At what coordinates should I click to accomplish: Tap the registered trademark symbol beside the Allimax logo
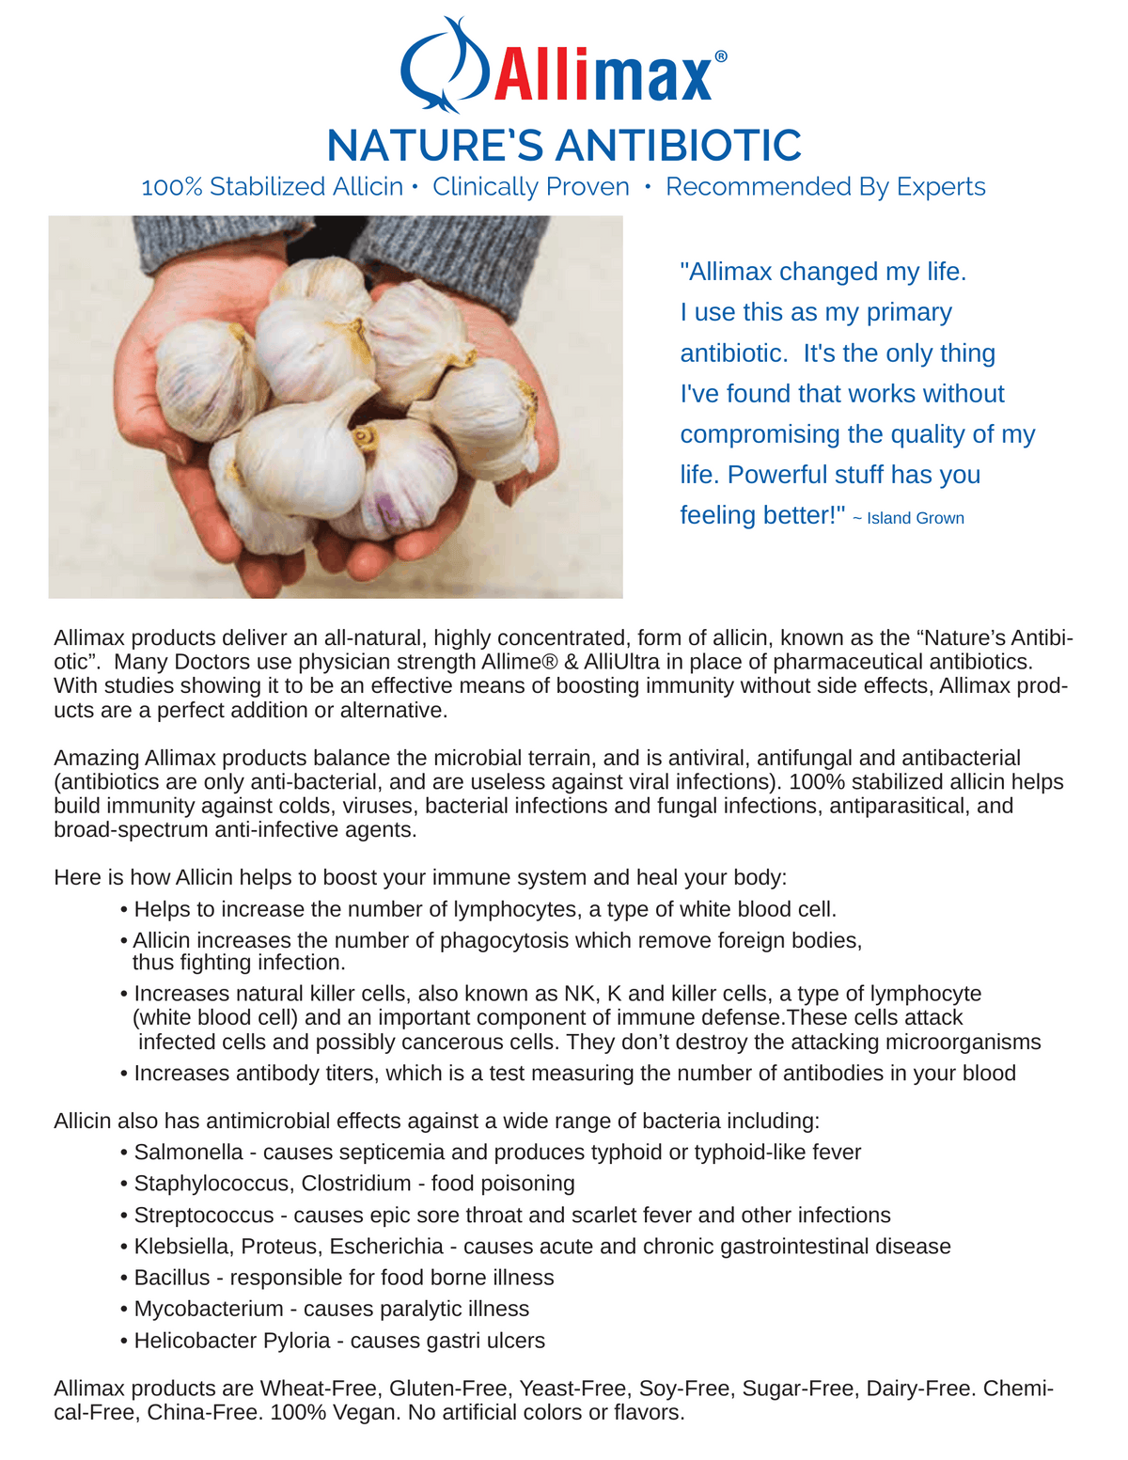[x=721, y=56]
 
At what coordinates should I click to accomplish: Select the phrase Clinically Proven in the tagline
[x=531, y=187]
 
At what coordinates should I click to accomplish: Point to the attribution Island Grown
[x=916, y=518]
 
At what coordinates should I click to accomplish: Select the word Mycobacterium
[x=209, y=1309]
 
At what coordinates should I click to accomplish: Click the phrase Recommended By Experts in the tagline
[x=825, y=187]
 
